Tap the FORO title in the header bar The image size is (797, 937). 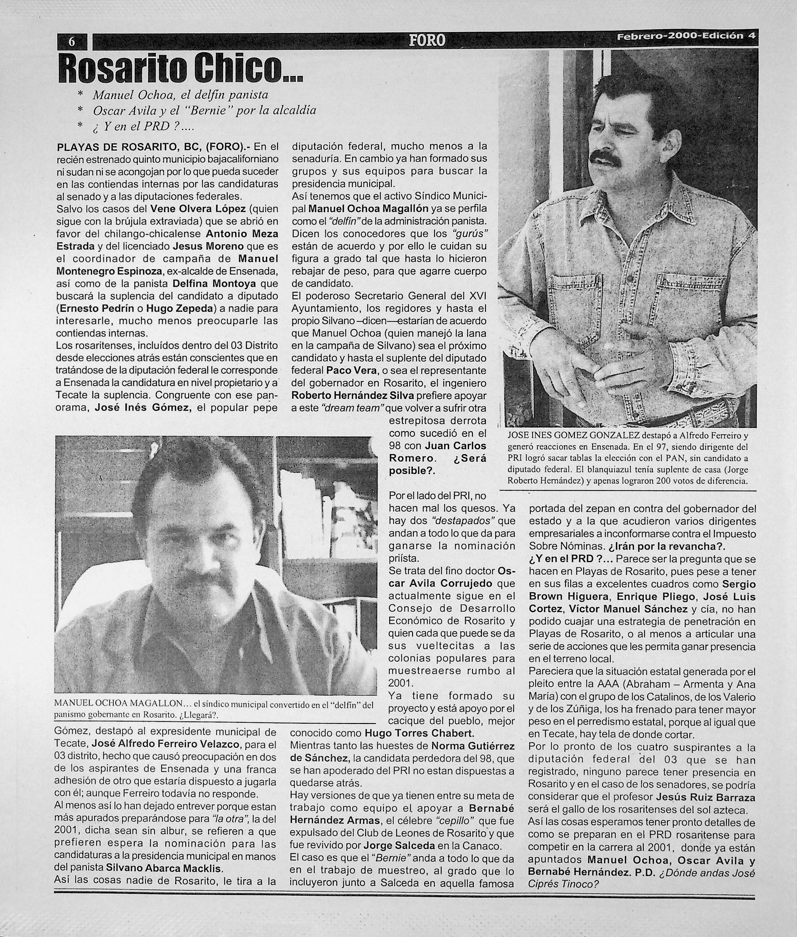click(x=427, y=41)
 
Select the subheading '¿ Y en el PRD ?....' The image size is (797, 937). click(x=143, y=127)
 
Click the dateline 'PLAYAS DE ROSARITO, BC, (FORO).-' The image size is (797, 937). click(x=154, y=147)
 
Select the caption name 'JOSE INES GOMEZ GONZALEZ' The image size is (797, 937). click(x=573, y=435)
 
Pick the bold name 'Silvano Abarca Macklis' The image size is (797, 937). click(x=164, y=868)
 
